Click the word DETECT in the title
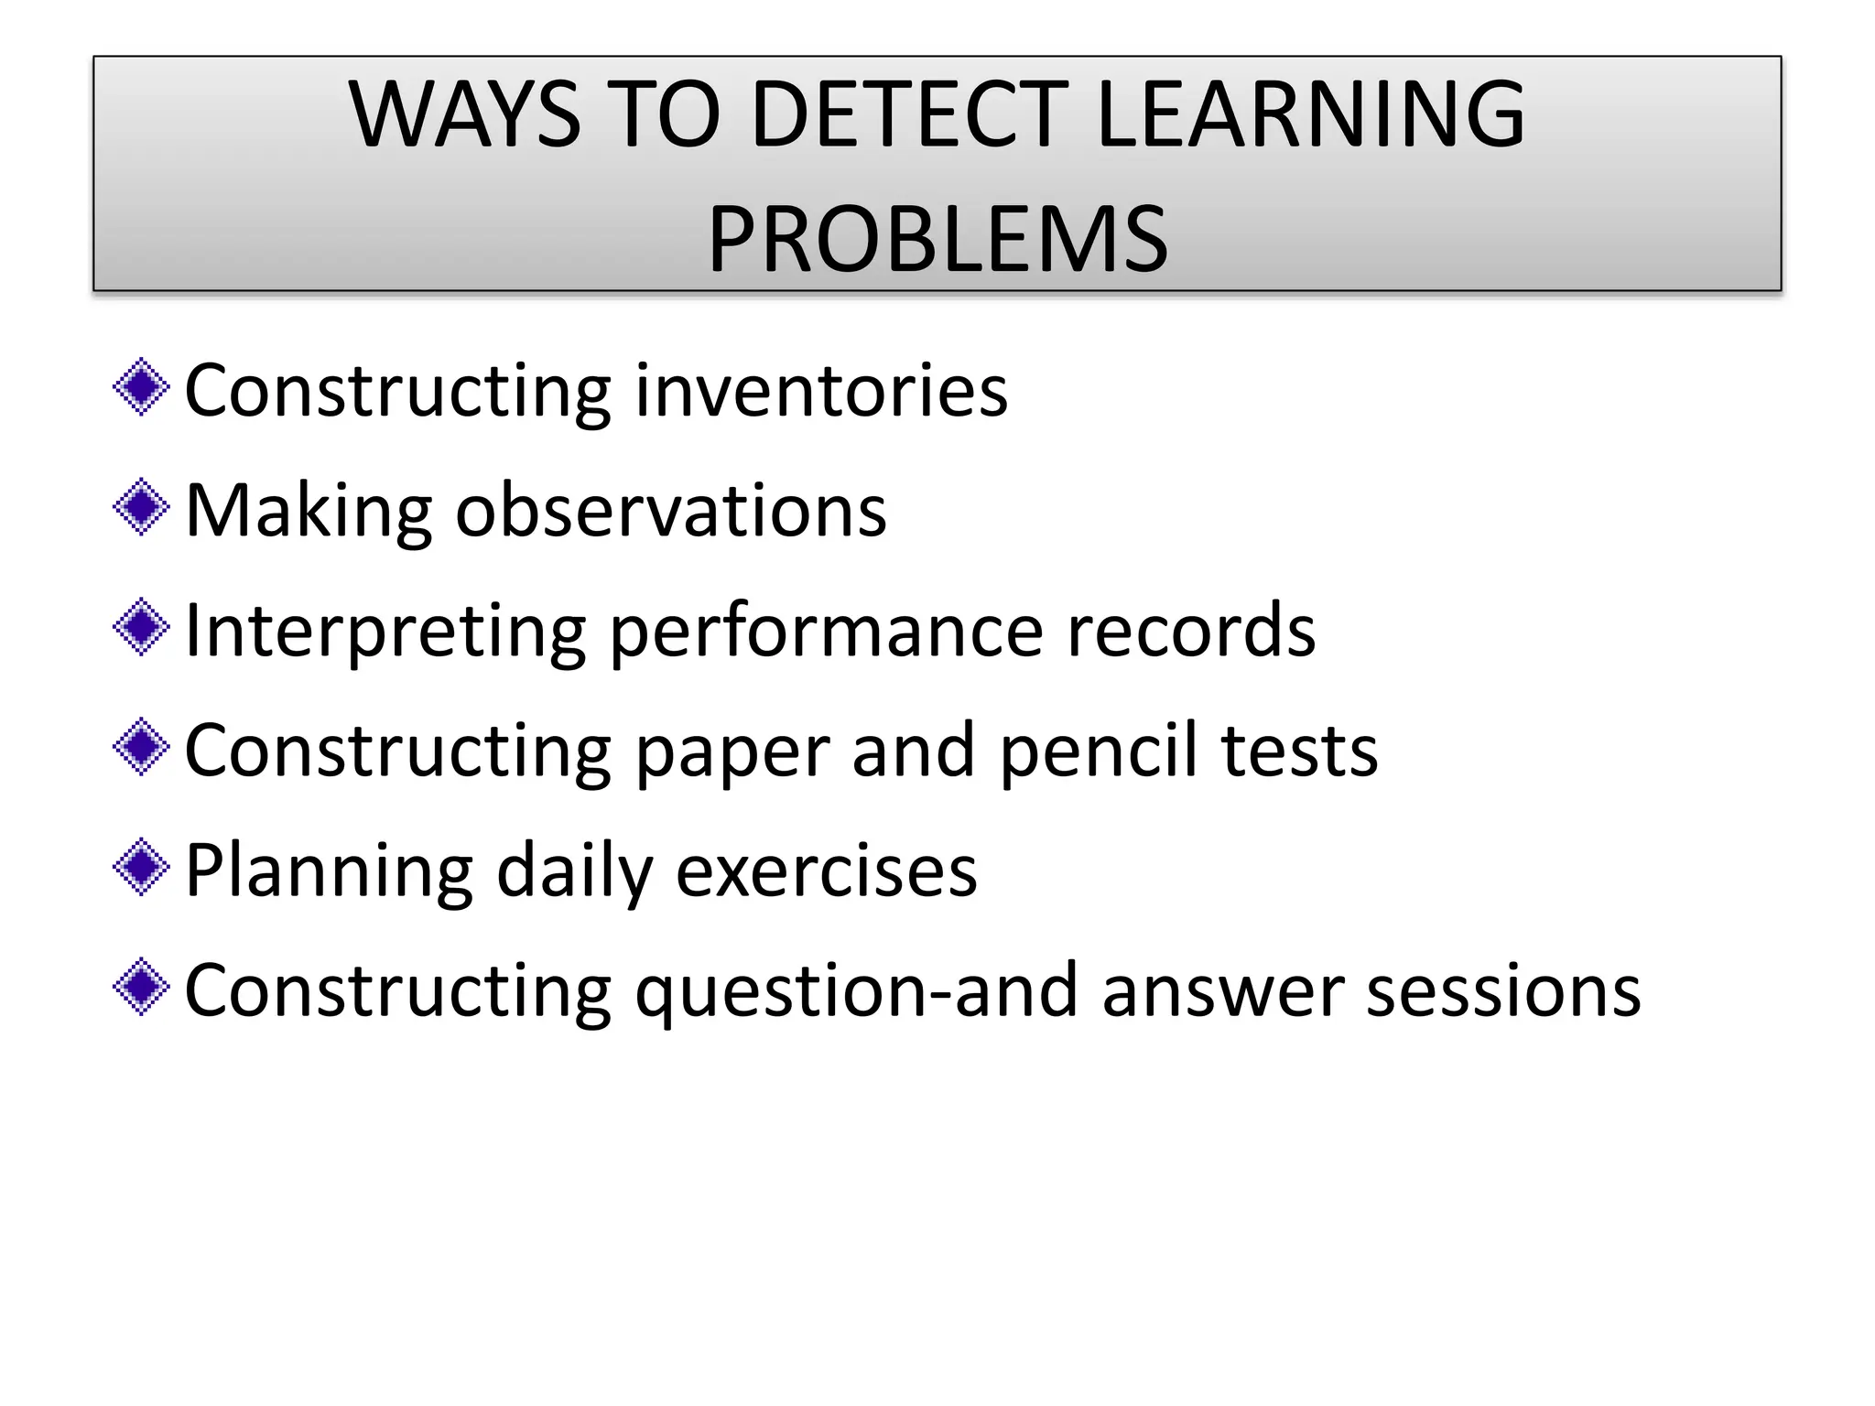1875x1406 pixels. tap(909, 114)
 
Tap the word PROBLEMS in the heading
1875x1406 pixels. tap(937, 240)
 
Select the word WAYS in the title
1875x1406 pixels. tap(464, 114)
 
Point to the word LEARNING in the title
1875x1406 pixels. tap(1310, 114)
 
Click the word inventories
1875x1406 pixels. tap(821, 391)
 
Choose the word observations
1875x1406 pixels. tap(671, 510)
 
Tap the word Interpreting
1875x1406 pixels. tap(385, 632)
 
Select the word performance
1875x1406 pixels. tap(826, 632)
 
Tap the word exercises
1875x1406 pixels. tap(827, 871)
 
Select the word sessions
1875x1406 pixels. tap(1503, 991)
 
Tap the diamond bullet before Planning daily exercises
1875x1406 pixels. tap(141, 867)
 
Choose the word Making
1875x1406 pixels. tap(309, 510)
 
